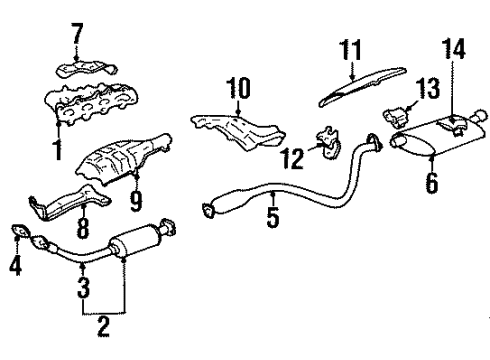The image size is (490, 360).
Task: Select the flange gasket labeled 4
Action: click(x=18, y=236)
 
